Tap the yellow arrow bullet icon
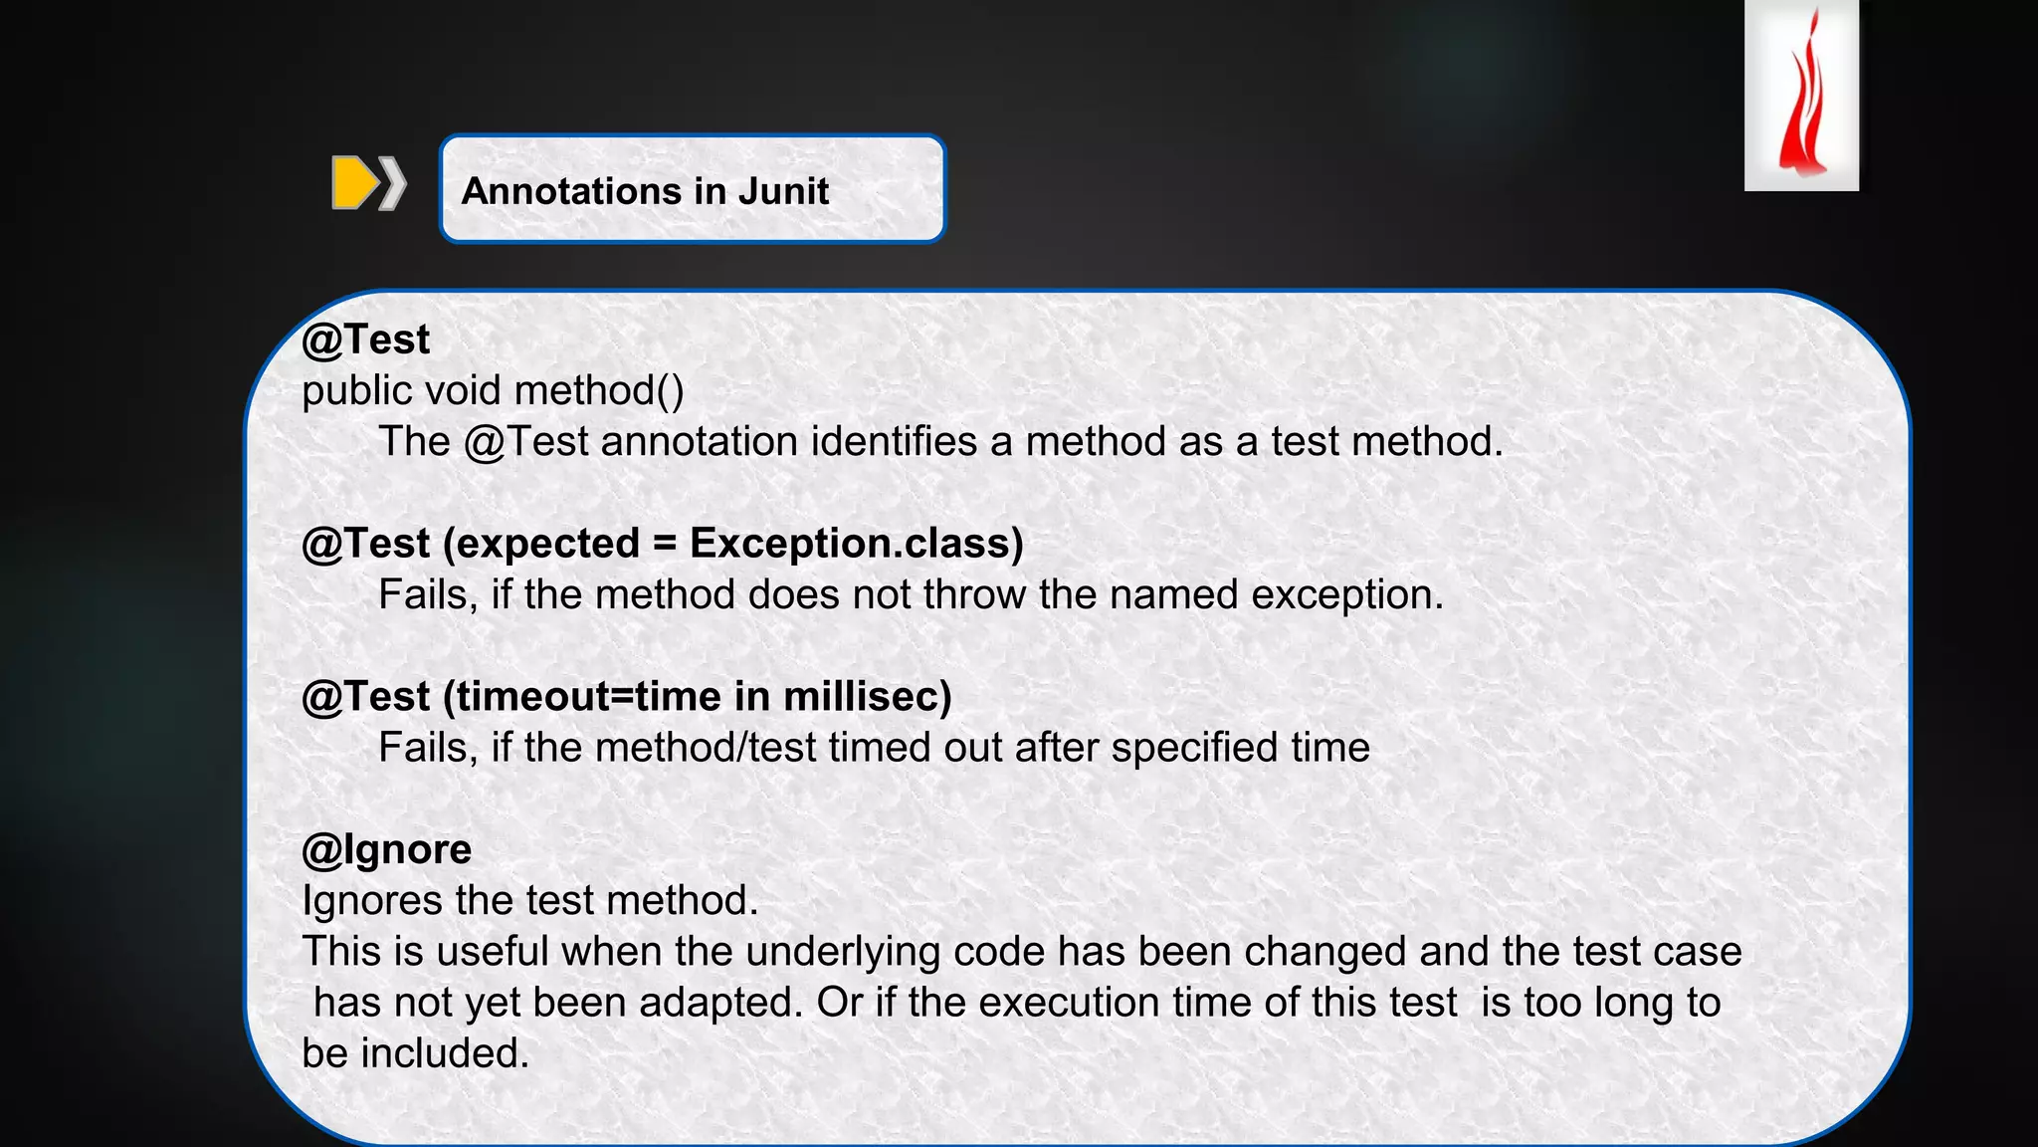[355, 183]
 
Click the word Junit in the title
[783, 191]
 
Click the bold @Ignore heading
[386, 849]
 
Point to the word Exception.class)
[856, 544]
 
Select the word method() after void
[599, 390]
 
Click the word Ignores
[372, 900]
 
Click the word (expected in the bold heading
[541, 544]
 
